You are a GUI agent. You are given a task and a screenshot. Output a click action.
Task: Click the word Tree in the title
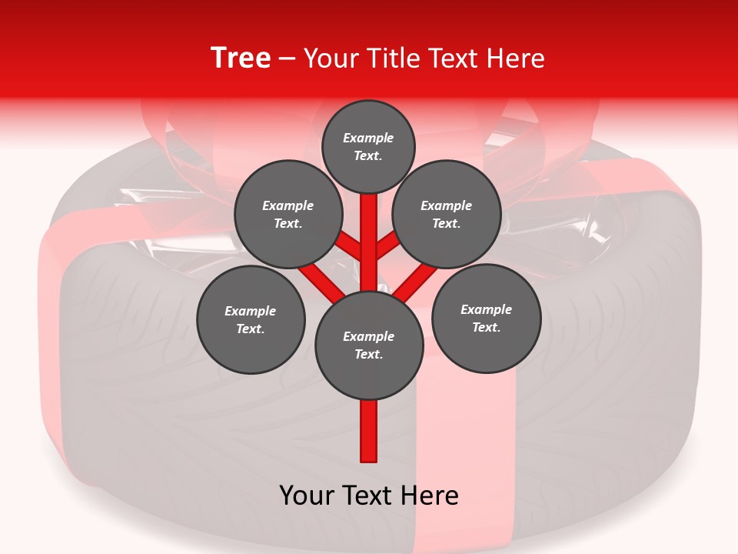click(241, 58)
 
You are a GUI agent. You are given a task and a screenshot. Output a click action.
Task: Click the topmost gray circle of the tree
click(368, 146)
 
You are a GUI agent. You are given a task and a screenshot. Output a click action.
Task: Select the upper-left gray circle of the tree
click(288, 214)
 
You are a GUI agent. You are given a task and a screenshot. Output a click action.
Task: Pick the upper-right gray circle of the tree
click(447, 214)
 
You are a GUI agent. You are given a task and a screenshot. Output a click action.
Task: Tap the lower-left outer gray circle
click(251, 319)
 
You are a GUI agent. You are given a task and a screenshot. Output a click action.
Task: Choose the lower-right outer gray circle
click(487, 318)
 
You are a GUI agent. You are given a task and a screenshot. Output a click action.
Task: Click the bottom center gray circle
click(369, 345)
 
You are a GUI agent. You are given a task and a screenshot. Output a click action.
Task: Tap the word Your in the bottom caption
click(307, 496)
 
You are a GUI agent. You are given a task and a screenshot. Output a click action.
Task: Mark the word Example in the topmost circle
click(368, 138)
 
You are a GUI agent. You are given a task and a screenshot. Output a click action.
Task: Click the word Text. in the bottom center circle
click(368, 355)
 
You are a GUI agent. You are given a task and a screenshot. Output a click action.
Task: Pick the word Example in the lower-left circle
click(250, 311)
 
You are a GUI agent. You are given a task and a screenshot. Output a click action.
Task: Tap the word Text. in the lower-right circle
click(486, 327)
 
